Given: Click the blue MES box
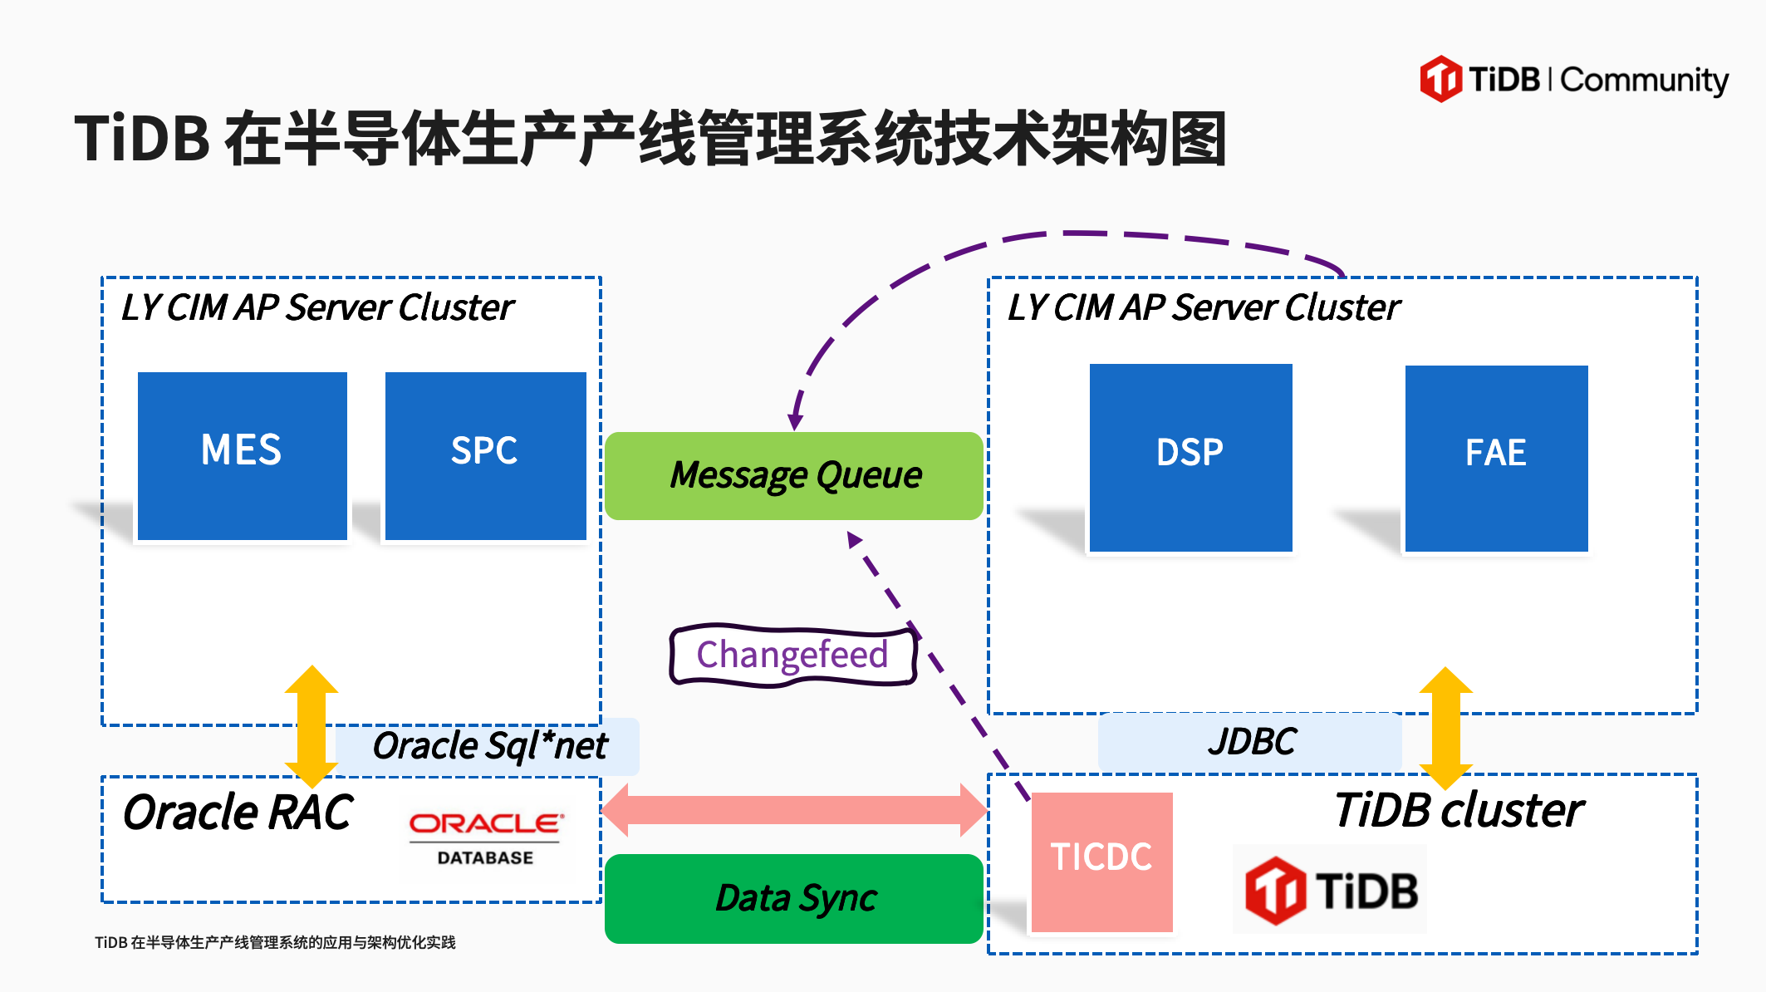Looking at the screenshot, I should pyautogui.click(x=242, y=455).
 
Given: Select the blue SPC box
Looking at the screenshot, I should pyautogui.click(x=485, y=455).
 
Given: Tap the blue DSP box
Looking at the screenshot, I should pyautogui.click(x=1190, y=457).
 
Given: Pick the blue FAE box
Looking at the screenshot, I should pyautogui.click(x=1496, y=458).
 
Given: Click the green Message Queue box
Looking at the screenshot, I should pyautogui.click(x=794, y=476).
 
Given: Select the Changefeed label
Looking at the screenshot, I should pyautogui.click(x=792, y=656).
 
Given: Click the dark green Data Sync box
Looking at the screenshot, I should pyautogui.click(x=794, y=898).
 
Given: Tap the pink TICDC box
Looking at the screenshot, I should pyautogui.click(x=1101, y=862).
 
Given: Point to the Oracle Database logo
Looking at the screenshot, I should pyautogui.click(x=486, y=837).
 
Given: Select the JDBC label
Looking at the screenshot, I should pyautogui.click(x=1251, y=741).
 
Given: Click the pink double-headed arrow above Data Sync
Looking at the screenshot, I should pyautogui.click(x=794, y=810).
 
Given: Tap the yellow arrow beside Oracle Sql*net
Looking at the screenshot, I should pyautogui.click(x=312, y=726).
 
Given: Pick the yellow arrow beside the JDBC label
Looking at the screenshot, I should pyautogui.click(x=1445, y=728).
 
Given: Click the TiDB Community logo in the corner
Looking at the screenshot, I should pyautogui.click(x=1573, y=80).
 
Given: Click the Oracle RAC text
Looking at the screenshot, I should pyautogui.click(x=238, y=813).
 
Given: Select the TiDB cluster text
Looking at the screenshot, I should pyautogui.click(x=1459, y=810).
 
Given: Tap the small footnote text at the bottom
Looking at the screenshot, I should pyautogui.click(x=275, y=942).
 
